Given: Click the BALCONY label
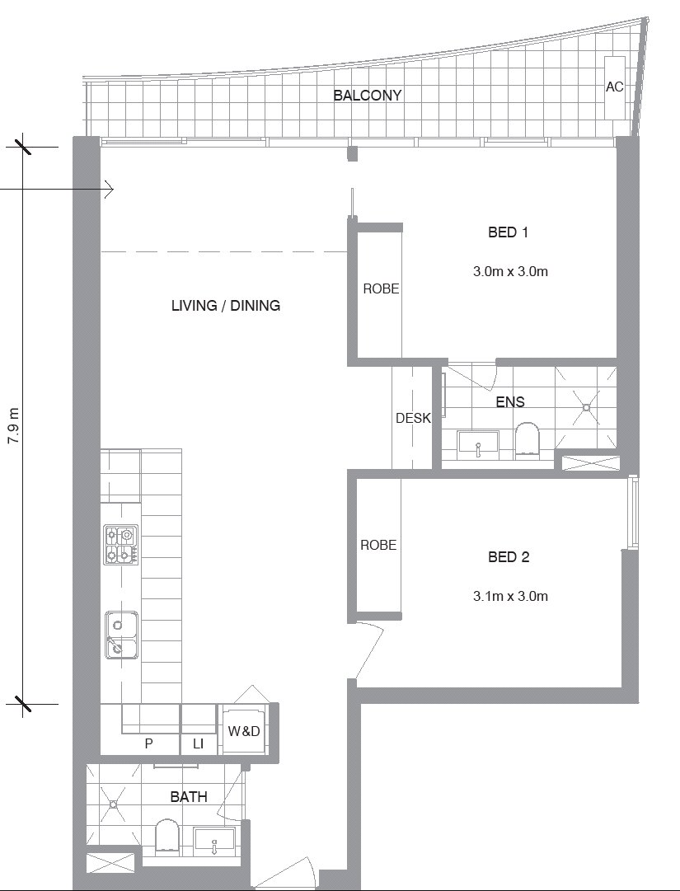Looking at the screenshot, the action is point(367,95).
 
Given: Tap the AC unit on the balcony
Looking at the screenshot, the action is point(614,87).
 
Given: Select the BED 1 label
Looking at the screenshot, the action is point(508,232).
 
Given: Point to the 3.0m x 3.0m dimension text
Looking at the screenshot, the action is point(510,271).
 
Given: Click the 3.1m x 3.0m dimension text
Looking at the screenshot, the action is point(510,596).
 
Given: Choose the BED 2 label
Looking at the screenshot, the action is point(509,557).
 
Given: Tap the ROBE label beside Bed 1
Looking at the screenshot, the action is point(381,288).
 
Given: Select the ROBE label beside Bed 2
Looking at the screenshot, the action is point(378,545).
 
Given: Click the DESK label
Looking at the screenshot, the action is point(413,418).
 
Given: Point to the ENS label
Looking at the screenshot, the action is point(510,401).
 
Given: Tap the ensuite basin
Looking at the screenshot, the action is point(478,443).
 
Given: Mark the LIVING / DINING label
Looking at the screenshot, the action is point(226,305).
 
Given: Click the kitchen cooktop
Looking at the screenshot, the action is point(120,544).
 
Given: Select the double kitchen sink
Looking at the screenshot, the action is point(121,635).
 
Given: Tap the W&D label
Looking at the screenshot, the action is point(244,731).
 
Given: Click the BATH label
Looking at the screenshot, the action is point(189,797).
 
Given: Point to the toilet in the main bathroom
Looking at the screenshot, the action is point(167,835).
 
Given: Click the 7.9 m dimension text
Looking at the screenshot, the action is point(13,425).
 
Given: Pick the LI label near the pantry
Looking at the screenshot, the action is point(198,743).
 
